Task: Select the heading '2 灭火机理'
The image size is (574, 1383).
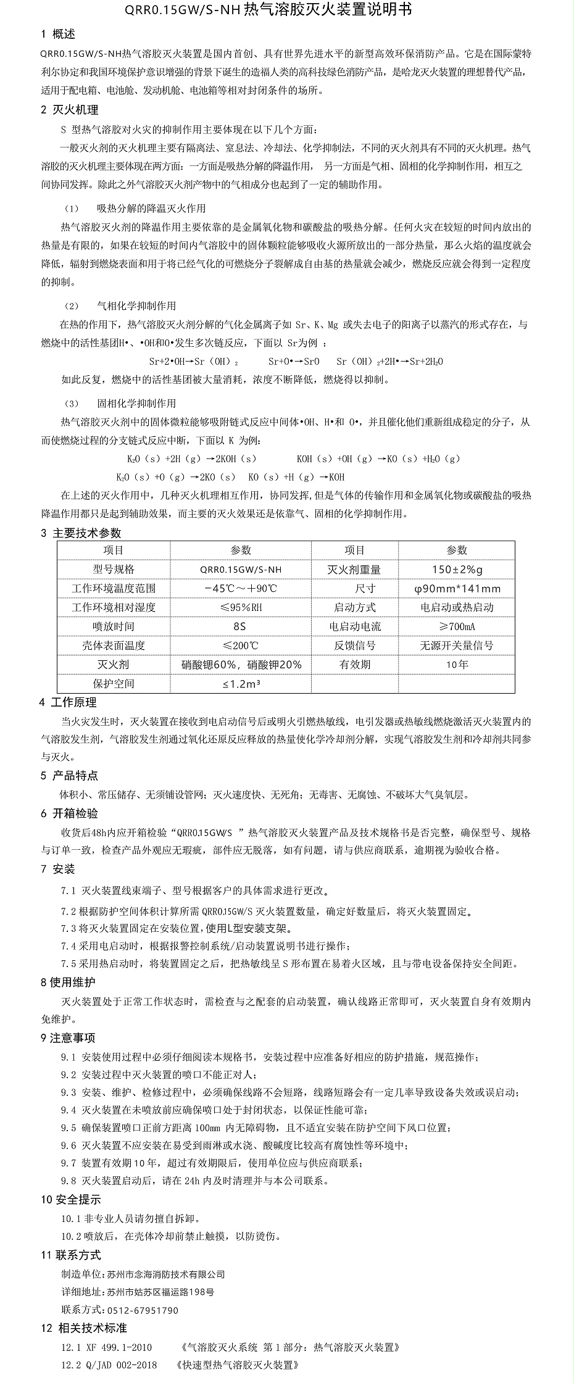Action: click(69, 110)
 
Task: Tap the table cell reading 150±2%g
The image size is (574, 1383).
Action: click(456, 569)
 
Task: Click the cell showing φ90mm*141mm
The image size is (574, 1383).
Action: click(456, 588)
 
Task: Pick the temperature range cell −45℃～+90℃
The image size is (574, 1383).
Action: click(240, 588)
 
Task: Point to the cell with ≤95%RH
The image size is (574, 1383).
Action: click(240, 607)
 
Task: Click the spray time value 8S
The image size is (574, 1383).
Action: click(240, 626)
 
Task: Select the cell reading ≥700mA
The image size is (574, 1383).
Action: click(456, 626)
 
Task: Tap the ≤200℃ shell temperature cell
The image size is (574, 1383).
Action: click(240, 646)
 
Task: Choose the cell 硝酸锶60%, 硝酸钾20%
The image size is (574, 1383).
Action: click(240, 665)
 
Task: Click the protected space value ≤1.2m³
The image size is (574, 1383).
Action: click(240, 684)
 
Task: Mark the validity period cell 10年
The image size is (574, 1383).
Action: click(456, 665)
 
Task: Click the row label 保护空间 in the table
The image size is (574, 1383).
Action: click(114, 684)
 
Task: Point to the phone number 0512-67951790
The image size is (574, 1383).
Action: click(143, 1310)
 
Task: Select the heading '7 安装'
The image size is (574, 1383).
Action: click(58, 870)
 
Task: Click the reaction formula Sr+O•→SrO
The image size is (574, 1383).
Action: click(294, 362)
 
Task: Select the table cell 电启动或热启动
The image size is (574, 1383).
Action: click(456, 607)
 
